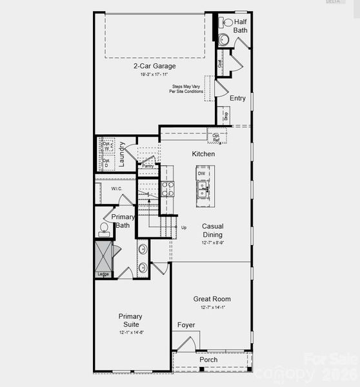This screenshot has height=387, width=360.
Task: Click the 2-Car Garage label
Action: pos(154,66)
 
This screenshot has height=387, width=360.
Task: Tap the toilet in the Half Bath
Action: pos(228,23)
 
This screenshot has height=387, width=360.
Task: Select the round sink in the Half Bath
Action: pos(225,39)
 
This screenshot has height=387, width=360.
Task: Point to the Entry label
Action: pos(237,98)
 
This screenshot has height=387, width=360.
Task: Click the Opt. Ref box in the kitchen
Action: pos(216,137)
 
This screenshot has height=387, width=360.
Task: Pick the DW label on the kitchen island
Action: pos(202,174)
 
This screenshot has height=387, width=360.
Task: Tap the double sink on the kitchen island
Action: pos(203,189)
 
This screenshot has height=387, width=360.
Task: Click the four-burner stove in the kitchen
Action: pos(167,188)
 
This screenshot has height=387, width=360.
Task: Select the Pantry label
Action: pos(148,166)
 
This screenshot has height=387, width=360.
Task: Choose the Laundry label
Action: pos(122,155)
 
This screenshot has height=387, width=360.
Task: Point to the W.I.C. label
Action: pos(117,189)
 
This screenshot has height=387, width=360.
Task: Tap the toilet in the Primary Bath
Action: pos(104,229)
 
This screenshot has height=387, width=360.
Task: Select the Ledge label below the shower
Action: pos(103,275)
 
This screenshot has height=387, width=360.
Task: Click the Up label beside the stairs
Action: pos(184,228)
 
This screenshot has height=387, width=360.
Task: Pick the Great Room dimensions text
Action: pos(212,308)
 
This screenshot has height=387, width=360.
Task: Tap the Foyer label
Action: pos(186,325)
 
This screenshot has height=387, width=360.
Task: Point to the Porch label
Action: pos(208,360)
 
